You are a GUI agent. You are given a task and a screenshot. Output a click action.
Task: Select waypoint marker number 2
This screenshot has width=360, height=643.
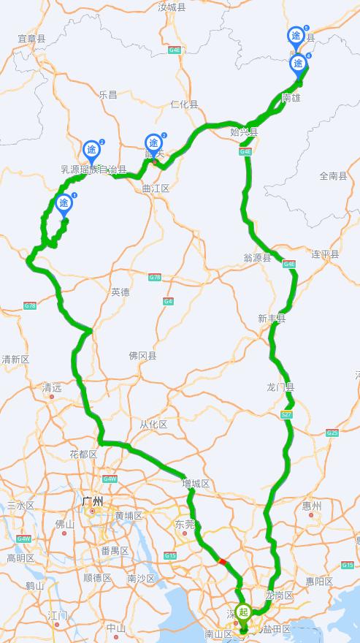[x=91, y=151]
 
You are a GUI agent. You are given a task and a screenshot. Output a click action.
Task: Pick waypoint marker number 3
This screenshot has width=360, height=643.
[x=153, y=143]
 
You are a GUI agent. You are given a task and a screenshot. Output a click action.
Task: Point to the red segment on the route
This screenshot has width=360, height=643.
[x=222, y=561]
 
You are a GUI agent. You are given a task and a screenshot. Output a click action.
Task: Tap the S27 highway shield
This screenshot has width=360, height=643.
[x=287, y=415]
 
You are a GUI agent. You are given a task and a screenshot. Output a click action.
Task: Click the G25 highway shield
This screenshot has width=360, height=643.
[x=332, y=433]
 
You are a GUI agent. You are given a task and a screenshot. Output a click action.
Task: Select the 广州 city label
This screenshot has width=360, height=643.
[x=93, y=501]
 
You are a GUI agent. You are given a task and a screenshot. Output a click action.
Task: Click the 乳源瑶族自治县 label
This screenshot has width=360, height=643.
[x=93, y=170]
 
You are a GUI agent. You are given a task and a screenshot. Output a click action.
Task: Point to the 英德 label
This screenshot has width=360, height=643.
[x=120, y=292]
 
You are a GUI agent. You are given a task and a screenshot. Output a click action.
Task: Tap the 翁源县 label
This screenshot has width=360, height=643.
[x=257, y=258]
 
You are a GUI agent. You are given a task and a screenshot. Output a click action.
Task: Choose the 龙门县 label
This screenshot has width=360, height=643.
[x=280, y=387]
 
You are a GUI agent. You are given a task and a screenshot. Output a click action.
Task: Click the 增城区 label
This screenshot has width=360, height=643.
[x=196, y=484]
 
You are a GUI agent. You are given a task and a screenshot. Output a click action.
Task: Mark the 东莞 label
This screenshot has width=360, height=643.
[x=184, y=524]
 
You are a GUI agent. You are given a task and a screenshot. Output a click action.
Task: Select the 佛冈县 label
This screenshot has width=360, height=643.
[x=142, y=356]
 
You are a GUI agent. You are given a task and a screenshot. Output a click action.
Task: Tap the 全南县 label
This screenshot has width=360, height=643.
[x=334, y=176]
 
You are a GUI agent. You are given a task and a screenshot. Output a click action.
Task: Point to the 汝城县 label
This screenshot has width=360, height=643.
[x=173, y=7]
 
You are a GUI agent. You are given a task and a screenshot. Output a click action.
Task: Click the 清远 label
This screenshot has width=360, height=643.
[x=52, y=387]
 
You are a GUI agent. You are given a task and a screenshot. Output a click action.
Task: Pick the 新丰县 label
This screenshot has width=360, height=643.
[x=271, y=319]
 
